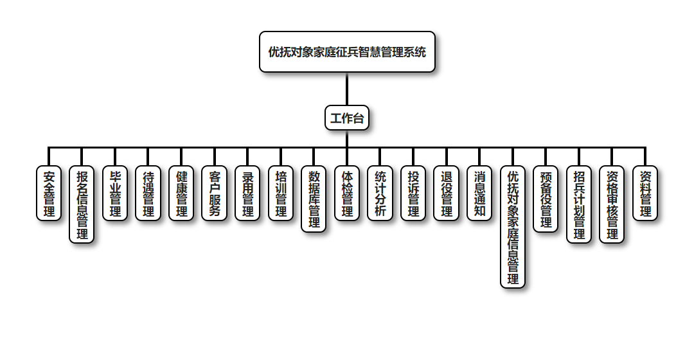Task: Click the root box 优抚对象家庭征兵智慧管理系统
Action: click(347, 52)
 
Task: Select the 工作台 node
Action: click(347, 118)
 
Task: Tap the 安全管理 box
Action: click(49, 194)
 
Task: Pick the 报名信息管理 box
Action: click(82, 204)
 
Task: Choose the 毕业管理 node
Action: click(115, 194)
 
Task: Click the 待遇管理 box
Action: click(148, 194)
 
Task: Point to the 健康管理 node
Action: click(181, 194)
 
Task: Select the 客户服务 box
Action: click(215, 194)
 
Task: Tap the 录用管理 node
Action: click(247, 194)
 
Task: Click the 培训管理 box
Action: click(281, 194)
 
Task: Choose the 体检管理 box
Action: click(347, 194)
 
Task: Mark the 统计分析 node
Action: click(380, 194)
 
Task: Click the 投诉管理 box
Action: click(413, 194)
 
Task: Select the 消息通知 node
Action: click(479, 194)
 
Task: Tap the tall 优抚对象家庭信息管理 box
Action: click(513, 227)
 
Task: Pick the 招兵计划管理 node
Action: click(579, 204)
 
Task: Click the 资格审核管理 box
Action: click(612, 204)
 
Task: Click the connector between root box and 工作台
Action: click(347, 89)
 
